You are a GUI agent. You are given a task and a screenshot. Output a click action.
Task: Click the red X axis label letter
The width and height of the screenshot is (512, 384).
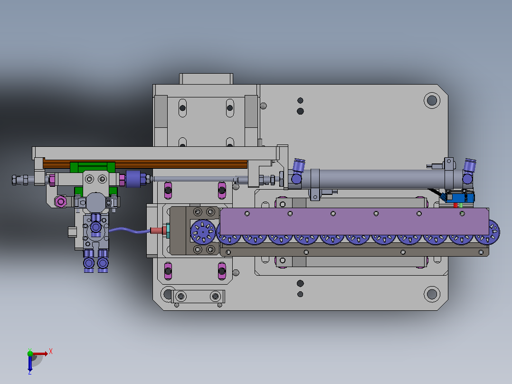[51, 352]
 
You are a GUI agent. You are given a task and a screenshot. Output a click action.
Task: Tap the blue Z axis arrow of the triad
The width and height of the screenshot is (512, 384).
[30, 363]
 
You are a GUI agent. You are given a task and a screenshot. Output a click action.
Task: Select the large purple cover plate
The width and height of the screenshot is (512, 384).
[354, 221]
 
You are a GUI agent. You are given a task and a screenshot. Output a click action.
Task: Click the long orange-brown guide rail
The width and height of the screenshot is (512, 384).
[145, 164]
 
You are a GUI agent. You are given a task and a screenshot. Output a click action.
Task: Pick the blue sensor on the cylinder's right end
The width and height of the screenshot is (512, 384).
[460, 198]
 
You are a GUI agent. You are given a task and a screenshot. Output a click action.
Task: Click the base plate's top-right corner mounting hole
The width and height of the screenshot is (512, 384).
[432, 100]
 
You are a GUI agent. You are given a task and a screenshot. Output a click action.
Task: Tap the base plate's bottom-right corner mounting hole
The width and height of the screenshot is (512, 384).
[432, 294]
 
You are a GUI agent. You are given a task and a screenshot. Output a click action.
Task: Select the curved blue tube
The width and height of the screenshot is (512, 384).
[130, 230]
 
